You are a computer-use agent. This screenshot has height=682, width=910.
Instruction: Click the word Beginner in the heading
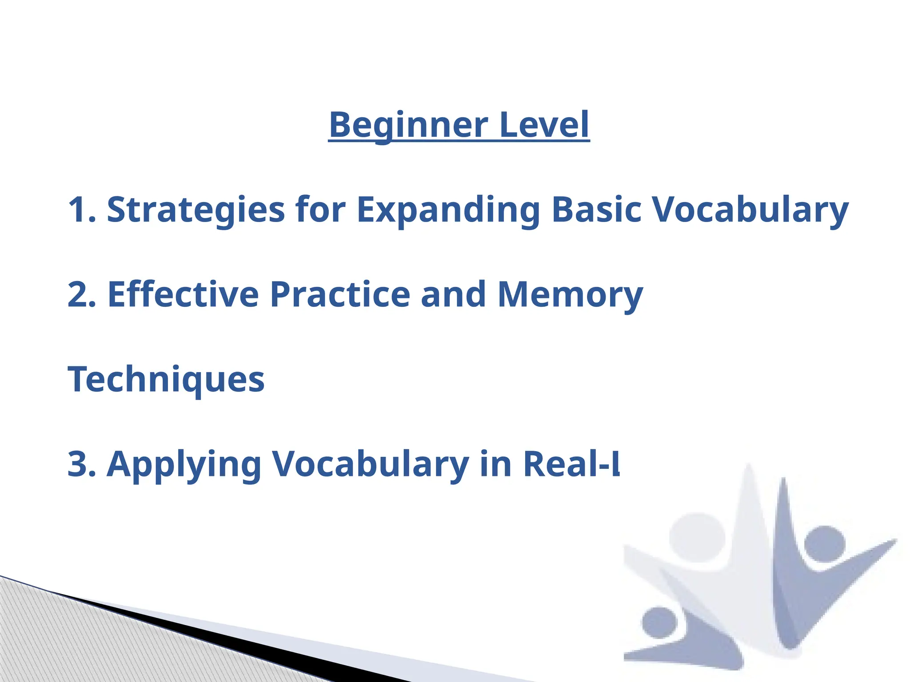[408, 125]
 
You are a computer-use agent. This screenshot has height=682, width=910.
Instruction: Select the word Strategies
[196, 210]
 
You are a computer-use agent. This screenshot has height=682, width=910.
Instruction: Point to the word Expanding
[449, 210]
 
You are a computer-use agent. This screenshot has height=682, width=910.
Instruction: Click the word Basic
[596, 210]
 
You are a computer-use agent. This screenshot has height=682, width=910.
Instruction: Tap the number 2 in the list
[78, 294]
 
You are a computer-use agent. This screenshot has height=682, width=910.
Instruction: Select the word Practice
[340, 294]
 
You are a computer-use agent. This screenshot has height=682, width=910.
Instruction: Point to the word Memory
[570, 294]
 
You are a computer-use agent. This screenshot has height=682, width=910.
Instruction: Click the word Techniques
[166, 380]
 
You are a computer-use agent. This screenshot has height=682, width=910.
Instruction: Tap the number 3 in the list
[78, 464]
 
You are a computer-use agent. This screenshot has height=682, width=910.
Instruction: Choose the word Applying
[184, 464]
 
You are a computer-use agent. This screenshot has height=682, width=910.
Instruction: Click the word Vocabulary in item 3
[371, 464]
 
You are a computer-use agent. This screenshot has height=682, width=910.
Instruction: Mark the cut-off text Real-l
[571, 464]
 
